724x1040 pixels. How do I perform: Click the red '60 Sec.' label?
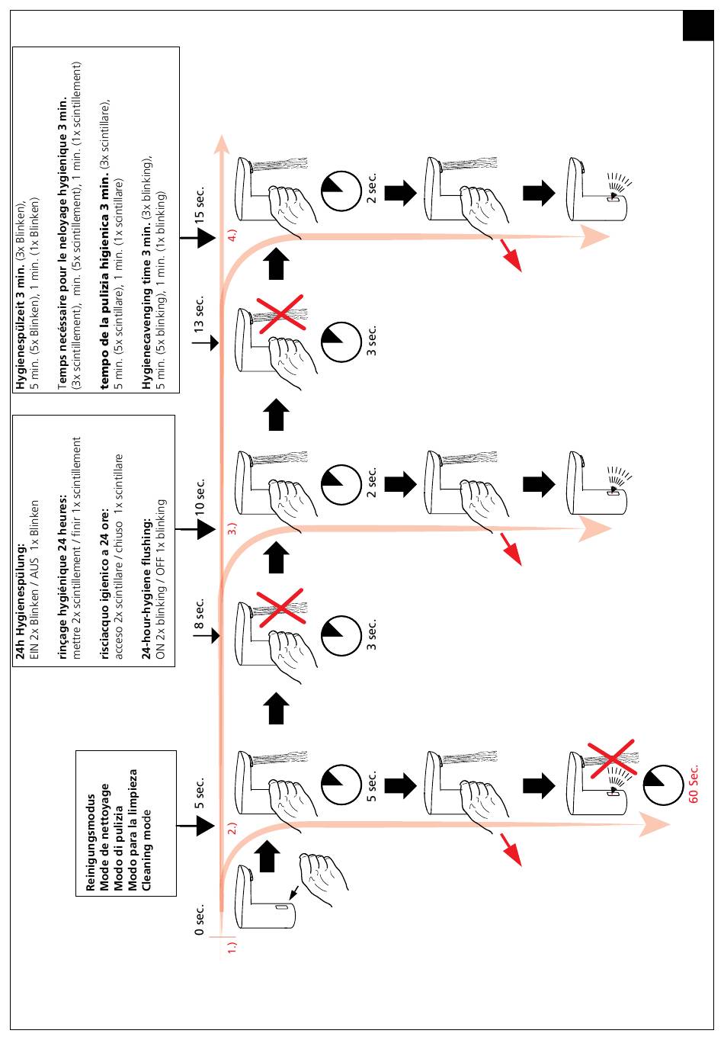pyautogui.click(x=694, y=784)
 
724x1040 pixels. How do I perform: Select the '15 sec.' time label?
pyautogui.click(x=200, y=204)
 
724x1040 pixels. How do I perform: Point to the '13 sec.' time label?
pyautogui.click(x=200, y=314)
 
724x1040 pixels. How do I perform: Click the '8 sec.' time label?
pyautogui.click(x=200, y=615)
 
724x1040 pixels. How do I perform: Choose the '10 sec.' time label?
pyautogui.click(x=200, y=496)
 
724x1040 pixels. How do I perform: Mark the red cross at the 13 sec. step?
pyautogui.click(x=280, y=312)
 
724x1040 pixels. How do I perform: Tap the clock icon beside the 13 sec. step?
pyautogui.click(x=341, y=342)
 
